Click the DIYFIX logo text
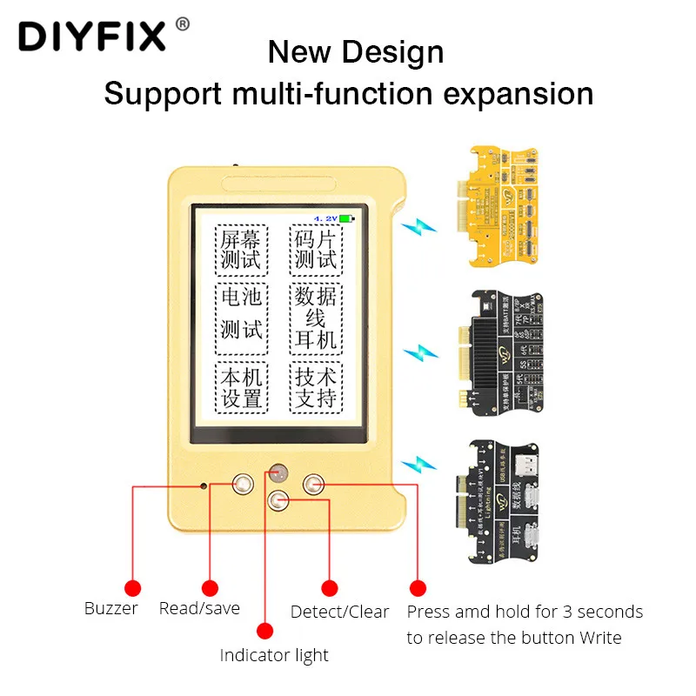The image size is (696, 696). pos(90,37)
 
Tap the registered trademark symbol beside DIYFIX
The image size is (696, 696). pos(182,24)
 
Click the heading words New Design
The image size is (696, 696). pos(355,52)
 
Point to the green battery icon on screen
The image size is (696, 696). pos(347,218)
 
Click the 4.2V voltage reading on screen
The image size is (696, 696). pos(325,218)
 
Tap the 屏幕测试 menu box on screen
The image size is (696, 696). pos(241,249)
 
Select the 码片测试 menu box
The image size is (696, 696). pos(315,249)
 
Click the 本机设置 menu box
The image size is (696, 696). pos(241,388)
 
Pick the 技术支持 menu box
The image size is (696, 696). pos(315,388)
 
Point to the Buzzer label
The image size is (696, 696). pos(110,608)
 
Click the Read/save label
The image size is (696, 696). pos(199,608)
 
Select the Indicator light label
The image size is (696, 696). pos(274,655)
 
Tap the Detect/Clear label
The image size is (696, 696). pos(339,612)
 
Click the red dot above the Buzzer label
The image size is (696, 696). pos(132,587)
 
